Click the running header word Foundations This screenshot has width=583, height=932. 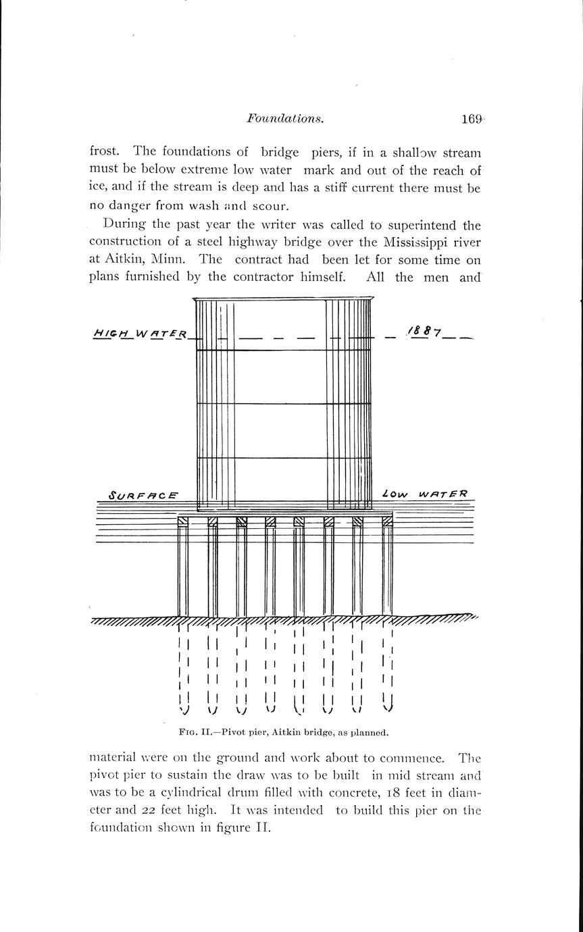286,120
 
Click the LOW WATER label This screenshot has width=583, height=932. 430,494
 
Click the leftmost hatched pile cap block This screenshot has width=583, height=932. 182,521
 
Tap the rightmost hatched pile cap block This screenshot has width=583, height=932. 387,521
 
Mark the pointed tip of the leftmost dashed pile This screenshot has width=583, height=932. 184,710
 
